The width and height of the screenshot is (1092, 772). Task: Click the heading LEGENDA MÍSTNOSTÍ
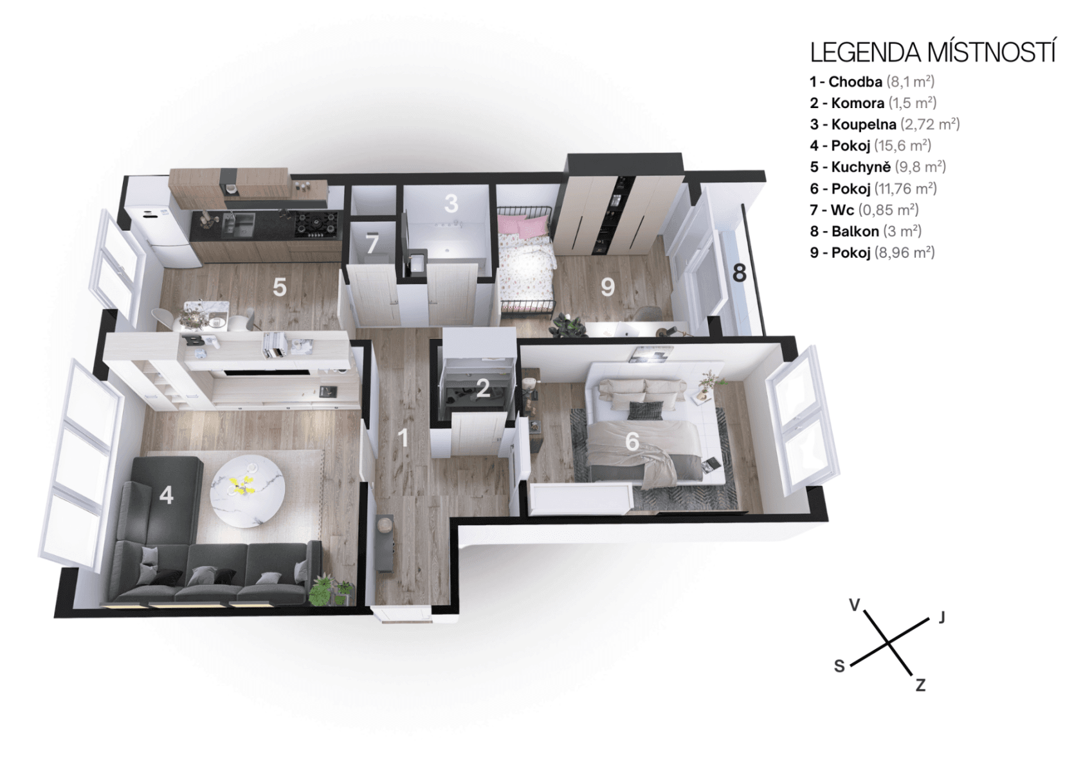pos(932,52)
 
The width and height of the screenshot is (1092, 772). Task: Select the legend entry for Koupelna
pos(884,124)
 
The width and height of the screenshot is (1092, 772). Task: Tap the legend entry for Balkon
pos(866,231)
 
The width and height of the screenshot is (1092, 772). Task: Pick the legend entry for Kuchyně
pos(877,167)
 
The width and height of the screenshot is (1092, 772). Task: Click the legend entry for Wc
pos(864,210)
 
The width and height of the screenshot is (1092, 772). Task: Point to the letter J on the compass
pos(942,618)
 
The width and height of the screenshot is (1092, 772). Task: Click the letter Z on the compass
pos(920,685)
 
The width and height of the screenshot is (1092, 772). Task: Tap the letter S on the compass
pos(839,666)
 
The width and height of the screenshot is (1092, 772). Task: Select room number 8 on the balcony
pos(740,273)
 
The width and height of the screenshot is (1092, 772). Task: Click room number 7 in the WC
pos(372,244)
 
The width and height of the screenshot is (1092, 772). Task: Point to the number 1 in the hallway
pos(403,438)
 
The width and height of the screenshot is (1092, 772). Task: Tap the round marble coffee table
pos(248,490)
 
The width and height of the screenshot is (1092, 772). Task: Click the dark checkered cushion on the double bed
pos(644,410)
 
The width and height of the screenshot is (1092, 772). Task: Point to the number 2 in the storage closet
pos(483,388)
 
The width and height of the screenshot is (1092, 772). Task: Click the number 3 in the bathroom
pos(451,203)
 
